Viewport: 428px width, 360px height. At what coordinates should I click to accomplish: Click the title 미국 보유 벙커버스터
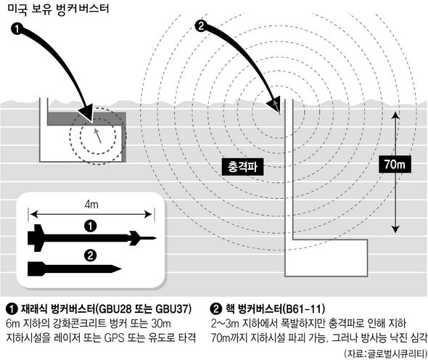tap(58, 9)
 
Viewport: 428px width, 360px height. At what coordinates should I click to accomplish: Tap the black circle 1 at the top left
tap(17, 29)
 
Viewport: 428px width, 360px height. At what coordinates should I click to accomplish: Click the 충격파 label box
tap(243, 166)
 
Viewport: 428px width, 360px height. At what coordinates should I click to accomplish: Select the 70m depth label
tap(395, 164)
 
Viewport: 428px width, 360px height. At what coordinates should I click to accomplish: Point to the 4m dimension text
tap(91, 204)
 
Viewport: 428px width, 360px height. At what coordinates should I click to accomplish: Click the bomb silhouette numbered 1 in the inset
tap(91, 238)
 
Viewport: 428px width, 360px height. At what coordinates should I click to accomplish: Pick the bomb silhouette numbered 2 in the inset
tap(74, 269)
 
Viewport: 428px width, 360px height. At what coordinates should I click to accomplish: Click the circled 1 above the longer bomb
tap(91, 226)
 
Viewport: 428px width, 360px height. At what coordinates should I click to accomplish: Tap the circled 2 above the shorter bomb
tap(91, 256)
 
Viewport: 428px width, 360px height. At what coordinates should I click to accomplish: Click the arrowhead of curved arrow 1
tap(87, 113)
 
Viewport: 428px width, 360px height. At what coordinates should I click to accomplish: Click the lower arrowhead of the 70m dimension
tap(395, 229)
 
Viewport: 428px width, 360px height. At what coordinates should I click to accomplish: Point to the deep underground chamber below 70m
tap(326, 258)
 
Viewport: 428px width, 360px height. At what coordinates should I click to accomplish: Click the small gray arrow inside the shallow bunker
tap(98, 136)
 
